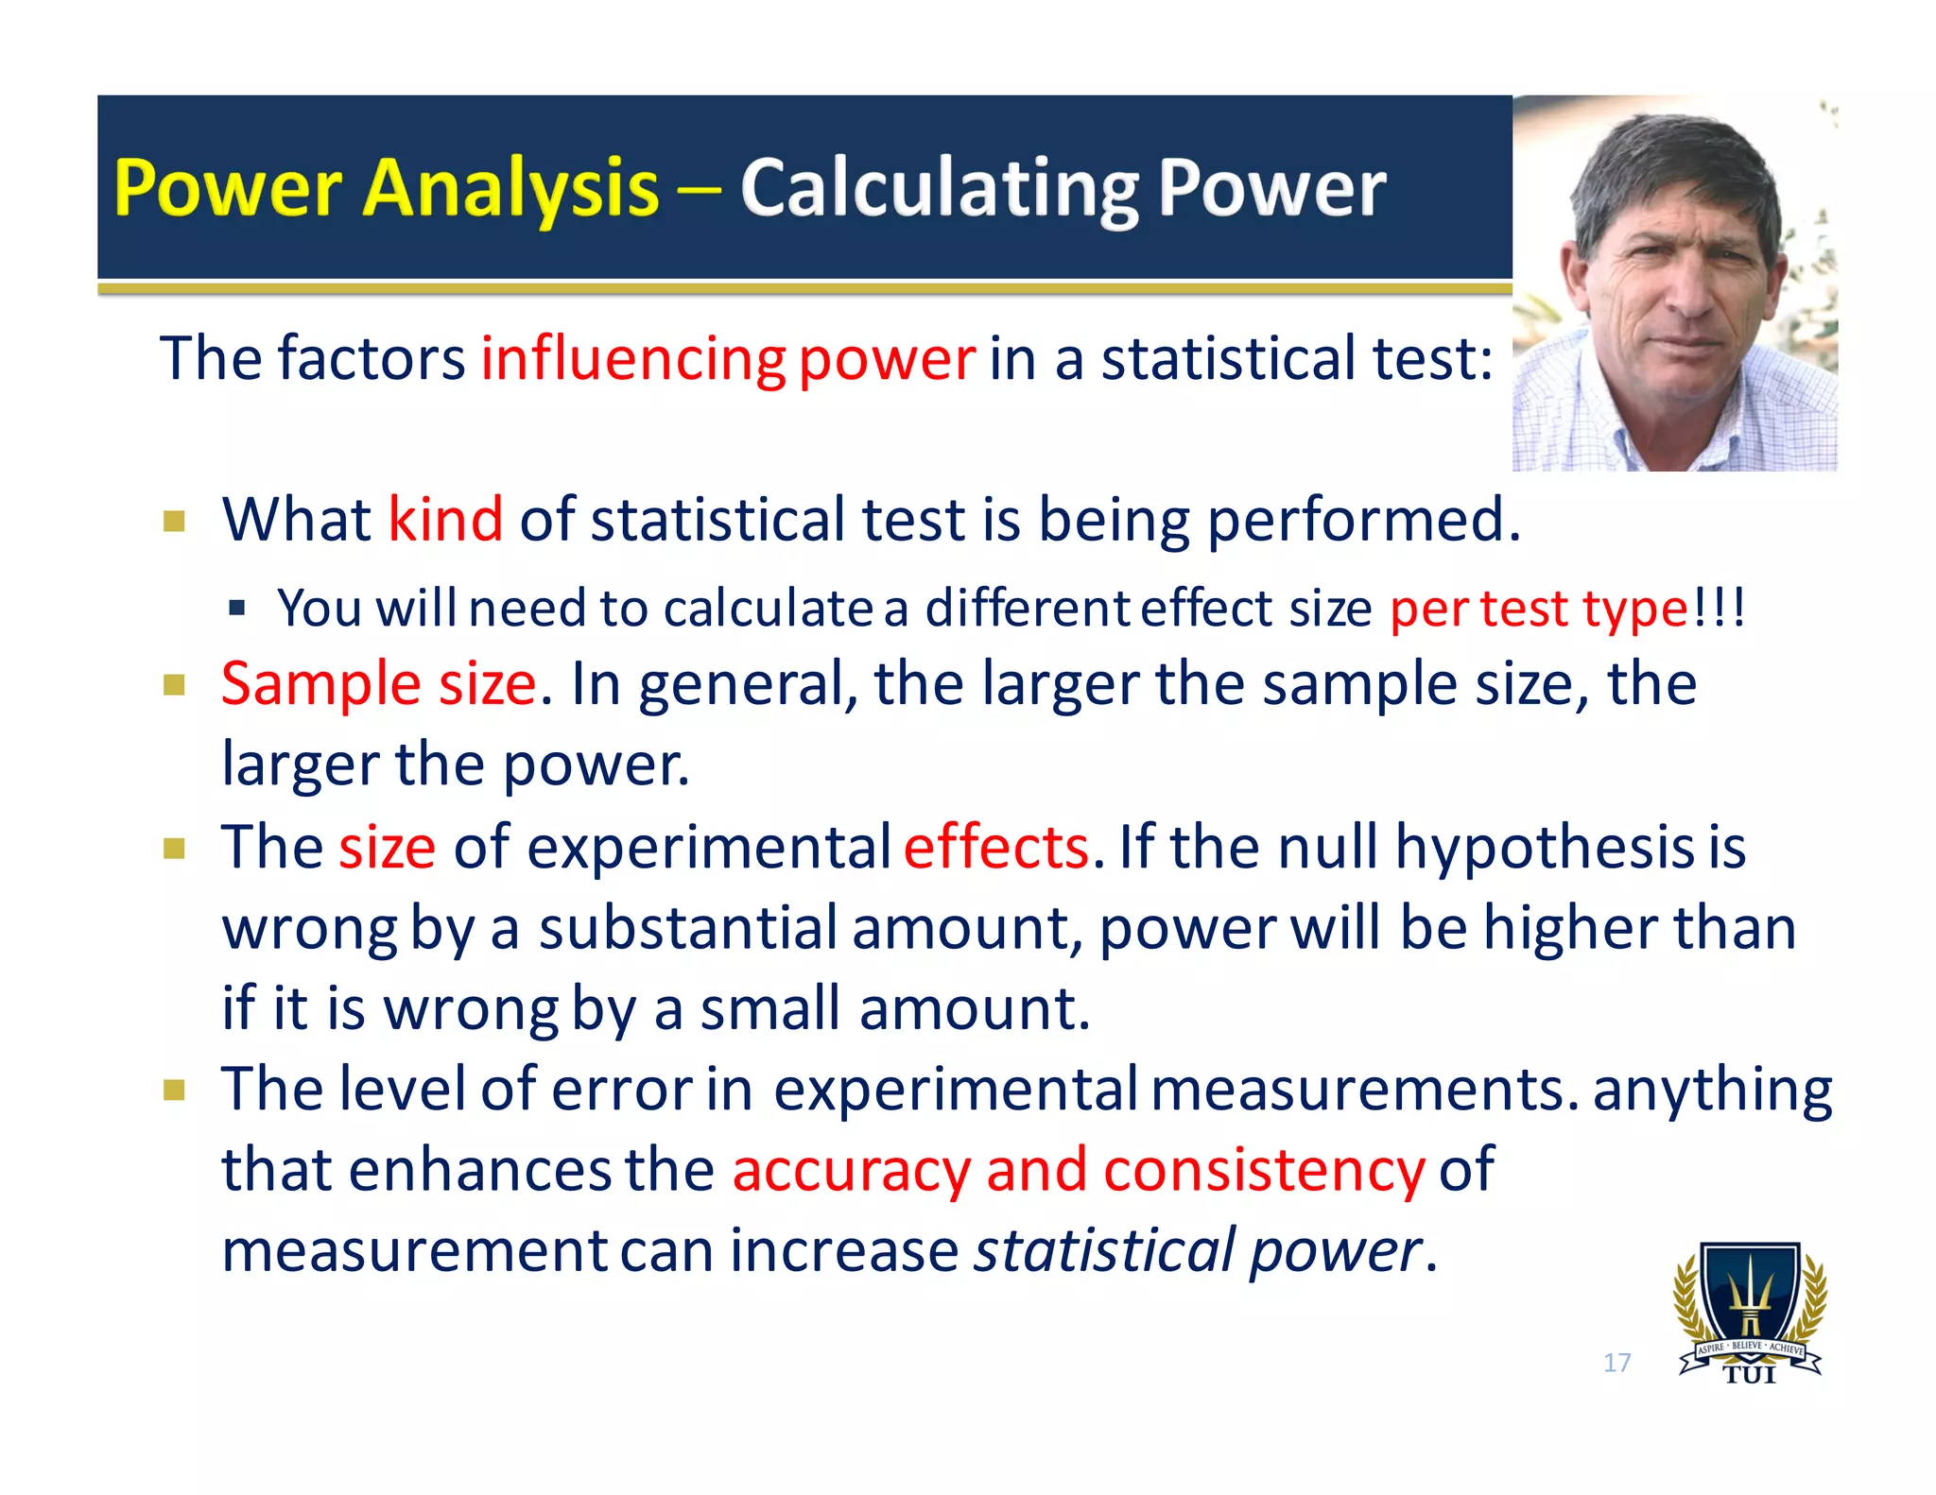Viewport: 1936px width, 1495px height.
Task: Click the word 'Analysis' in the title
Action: [x=510, y=189]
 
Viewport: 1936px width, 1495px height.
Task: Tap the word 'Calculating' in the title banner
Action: [x=941, y=189]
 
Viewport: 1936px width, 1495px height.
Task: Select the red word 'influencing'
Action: [x=633, y=359]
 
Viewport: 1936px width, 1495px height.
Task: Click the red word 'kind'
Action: [x=445, y=520]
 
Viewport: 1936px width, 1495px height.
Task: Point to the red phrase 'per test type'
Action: [x=1538, y=609]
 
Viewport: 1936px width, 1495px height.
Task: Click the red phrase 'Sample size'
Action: [x=379, y=683]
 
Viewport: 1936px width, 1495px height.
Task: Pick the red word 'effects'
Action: [x=995, y=847]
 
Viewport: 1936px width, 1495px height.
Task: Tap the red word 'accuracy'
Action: [x=851, y=1170]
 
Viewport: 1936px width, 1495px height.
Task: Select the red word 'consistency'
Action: [x=1264, y=1170]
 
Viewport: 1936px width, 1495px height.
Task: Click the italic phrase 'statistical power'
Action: [x=1198, y=1250]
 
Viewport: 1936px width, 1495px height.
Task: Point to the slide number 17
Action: [x=1616, y=1363]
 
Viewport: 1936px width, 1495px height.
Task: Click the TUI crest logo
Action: [x=1750, y=1314]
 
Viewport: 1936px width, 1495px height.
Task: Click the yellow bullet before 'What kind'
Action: [x=174, y=522]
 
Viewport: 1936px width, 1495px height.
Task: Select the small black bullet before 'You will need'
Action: [x=237, y=608]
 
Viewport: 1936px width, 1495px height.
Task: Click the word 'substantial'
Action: [x=687, y=928]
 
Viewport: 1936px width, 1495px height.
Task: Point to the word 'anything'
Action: [x=1712, y=1090]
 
